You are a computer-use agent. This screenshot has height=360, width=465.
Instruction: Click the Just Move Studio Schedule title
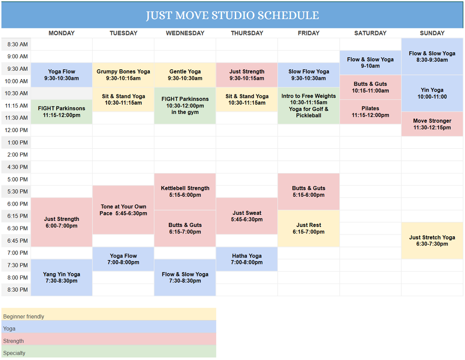coord(232,15)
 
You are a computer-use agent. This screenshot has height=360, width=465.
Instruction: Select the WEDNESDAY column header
coord(185,33)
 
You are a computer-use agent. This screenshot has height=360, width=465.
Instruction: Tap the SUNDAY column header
coord(432,33)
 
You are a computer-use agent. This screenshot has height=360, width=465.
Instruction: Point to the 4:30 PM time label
coord(18,167)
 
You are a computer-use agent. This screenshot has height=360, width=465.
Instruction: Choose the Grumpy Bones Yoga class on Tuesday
coord(123,75)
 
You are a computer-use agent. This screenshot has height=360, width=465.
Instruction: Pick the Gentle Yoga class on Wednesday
coord(185,75)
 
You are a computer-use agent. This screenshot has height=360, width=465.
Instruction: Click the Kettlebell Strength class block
coord(185,192)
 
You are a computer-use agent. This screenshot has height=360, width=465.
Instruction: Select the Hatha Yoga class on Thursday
coord(247,259)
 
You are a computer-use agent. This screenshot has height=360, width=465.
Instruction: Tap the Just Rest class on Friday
coord(309,228)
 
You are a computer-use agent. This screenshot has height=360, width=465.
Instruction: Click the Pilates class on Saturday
coord(371,112)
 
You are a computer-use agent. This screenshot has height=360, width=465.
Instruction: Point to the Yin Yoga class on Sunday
coord(432,93)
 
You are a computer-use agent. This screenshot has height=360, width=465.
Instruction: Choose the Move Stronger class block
coord(432,124)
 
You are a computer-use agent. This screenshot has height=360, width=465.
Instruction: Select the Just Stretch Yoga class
coord(432,240)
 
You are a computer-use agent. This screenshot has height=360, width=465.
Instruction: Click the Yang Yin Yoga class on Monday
coord(61,277)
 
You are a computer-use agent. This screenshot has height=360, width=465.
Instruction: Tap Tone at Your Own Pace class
coord(123,210)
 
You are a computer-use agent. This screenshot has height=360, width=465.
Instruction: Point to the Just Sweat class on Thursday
coord(247,216)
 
